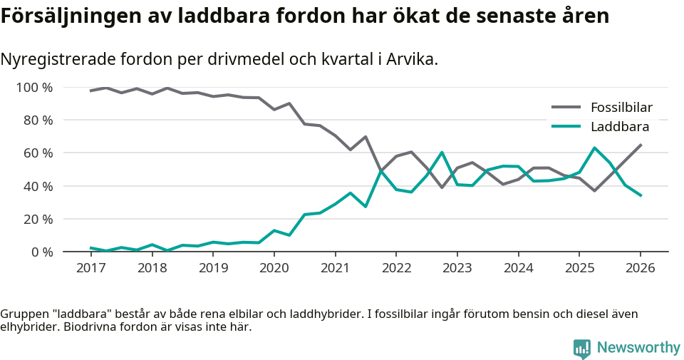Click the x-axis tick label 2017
(x=90, y=268)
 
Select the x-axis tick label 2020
(x=274, y=268)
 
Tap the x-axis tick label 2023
(x=457, y=268)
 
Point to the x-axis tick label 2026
(x=640, y=268)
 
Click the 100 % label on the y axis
(x=34, y=88)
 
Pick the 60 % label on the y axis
(x=37, y=153)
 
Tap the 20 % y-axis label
(x=37, y=219)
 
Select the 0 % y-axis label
(x=41, y=252)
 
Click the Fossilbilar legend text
(x=621, y=108)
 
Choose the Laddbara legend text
(x=620, y=127)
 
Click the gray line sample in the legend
(x=566, y=108)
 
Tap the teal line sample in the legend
(x=566, y=127)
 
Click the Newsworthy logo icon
(x=582, y=349)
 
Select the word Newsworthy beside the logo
(x=638, y=348)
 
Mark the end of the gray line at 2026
(x=641, y=145)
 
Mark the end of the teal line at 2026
(x=641, y=195)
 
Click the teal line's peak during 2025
(x=594, y=148)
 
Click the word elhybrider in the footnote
(x=27, y=327)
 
